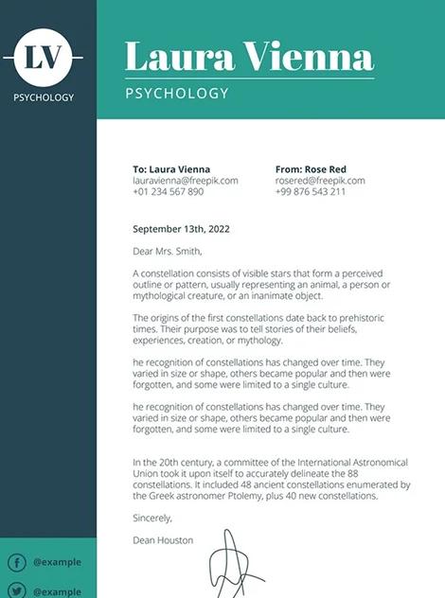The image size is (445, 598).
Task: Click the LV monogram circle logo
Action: click(x=47, y=58)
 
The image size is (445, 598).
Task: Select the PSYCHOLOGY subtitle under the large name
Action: click(x=177, y=94)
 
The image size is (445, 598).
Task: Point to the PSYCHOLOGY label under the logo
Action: click(x=44, y=97)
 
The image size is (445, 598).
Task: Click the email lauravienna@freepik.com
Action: click(x=185, y=180)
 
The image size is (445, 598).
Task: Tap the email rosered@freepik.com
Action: click(x=319, y=180)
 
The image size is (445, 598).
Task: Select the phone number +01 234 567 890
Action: click(x=168, y=191)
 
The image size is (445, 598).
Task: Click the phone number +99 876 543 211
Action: click(x=310, y=191)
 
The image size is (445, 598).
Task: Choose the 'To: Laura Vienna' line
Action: click(x=171, y=168)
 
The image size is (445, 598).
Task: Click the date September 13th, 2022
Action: click(x=181, y=229)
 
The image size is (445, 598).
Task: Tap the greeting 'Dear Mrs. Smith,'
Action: click(x=168, y=252)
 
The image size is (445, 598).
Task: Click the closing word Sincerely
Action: click(x=152, y=518)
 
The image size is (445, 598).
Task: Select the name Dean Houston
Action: click(x=163, y=540)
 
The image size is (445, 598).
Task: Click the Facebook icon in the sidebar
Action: click(x=16, y=563)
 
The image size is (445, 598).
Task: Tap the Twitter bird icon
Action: click(x=16, y=591)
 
